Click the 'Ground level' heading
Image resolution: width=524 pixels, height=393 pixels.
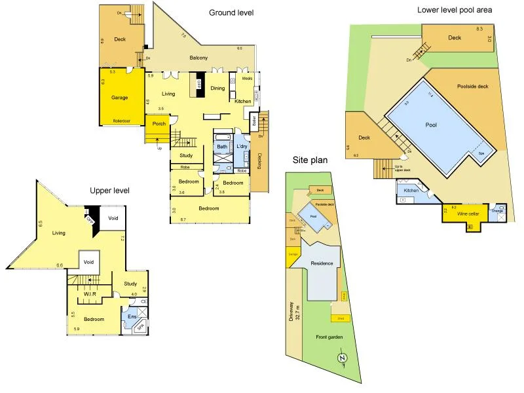click(231, 12)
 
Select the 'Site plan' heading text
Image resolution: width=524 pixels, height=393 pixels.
click(310, 159)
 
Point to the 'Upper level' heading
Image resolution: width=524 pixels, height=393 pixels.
click(109, 190)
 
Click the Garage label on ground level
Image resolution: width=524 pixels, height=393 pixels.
click(119, 98)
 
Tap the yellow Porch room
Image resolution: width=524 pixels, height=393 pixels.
click(159, 123)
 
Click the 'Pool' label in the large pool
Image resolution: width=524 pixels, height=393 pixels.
click(431, 125)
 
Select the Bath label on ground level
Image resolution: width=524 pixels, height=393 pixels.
click(222, 147)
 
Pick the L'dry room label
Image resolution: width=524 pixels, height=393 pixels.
click(242, 147)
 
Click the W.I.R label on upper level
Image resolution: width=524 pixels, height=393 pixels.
click(90, 295)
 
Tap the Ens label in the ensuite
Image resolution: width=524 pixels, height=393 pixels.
click(132, 317)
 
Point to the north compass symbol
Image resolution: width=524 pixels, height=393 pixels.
click(341, 358)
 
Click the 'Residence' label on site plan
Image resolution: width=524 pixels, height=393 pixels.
click(322, 263)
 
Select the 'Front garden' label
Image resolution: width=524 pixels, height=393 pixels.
click(329, 337)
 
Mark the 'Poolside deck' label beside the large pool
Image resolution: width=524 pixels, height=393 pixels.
click(472, 86)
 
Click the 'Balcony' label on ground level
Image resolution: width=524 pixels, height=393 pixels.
click(198, 58)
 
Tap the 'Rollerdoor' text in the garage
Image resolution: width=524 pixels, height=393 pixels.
click(122, 121)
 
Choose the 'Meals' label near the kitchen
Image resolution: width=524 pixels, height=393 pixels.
click(247, 78)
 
